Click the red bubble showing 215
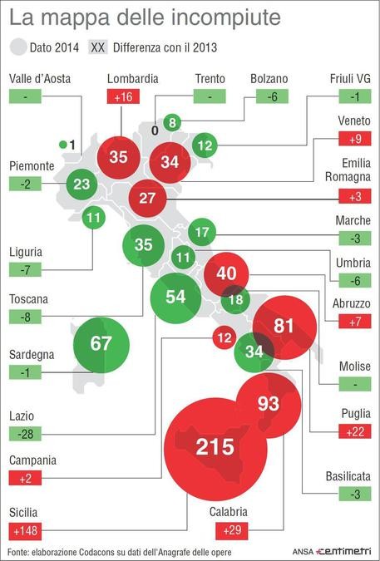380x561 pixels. coord(215,448)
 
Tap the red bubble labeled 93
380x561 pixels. coord(268,405)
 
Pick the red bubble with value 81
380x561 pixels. coord(284,327)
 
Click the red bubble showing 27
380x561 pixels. coord(147,198)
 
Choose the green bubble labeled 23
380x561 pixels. coord(81,184)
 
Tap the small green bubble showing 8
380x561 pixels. coord(172,123)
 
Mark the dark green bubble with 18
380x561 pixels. coord(236,300)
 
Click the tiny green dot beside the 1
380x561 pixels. coord(62,145)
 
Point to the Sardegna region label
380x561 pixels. coord(32,354)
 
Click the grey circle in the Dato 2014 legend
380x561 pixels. coord(19,47)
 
